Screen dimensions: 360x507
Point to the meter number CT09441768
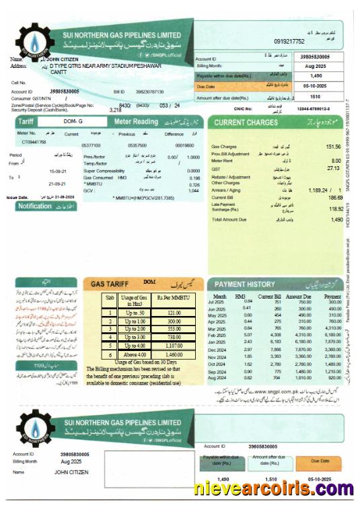[34, 142]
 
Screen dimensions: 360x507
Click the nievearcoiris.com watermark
[275, 489]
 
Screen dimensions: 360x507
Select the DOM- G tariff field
[71, 122]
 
